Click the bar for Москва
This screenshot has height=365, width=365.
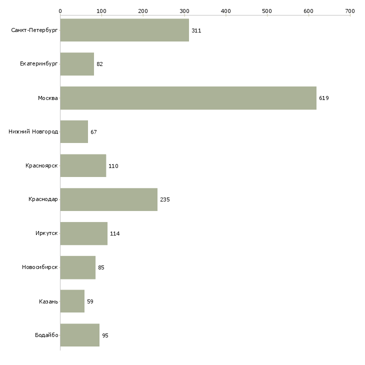tap(188, 98)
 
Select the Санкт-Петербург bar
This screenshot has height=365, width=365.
tap(124, 30)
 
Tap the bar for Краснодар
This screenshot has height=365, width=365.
tap(108, 199)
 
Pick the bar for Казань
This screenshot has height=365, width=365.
tap(72, 301)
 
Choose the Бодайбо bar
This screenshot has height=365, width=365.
tap(79, 335)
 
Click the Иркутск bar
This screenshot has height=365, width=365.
tap(83, 233)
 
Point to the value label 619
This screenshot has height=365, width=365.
tap(324, 98)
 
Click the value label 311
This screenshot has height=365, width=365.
tap(196, 30)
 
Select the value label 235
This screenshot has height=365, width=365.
tap(165, 199)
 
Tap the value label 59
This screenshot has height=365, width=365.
tap(90, 301)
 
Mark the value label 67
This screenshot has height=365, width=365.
tap(93, 132)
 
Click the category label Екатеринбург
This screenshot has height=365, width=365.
tap(38, 64)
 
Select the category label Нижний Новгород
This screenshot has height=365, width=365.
tap(33, 132)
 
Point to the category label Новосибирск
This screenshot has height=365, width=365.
tap(39, 267)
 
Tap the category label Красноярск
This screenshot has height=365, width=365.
tap(41, 165)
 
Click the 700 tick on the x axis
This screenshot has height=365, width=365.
tap(349, 10)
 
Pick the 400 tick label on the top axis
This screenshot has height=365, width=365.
tap(225, 10)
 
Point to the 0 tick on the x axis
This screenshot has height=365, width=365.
tap(60, 10)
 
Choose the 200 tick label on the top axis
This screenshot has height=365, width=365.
tap(143, 10)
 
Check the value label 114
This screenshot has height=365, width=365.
tap(114, 233)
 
